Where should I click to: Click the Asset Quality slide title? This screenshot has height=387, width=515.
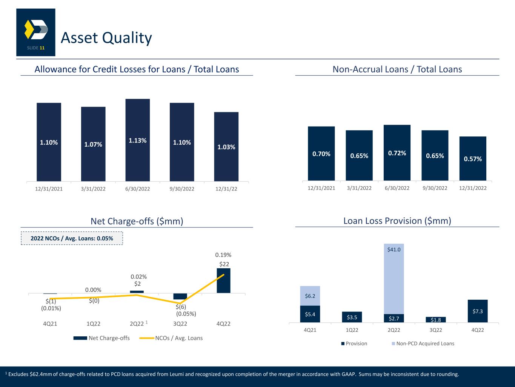click(x=106, y=38)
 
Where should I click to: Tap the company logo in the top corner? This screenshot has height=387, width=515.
click(x=36, y=32)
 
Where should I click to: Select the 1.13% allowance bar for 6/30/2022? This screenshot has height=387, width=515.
click(x=138, y=140)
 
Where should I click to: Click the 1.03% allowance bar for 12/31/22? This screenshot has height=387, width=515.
click(x=226, y=147)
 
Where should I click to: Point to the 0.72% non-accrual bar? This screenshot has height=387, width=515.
click(x=397, y=153)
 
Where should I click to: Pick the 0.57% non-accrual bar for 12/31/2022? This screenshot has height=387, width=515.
click(x=473, y=159)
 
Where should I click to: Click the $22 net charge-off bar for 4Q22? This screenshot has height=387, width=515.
click(x=224, y=280)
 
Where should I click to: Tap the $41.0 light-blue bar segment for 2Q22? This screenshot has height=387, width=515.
click(x=394, y=279)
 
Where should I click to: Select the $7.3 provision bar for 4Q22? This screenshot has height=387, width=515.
click(x=477, y=311)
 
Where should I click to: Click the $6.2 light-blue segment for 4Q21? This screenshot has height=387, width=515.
click(x=310, y=296)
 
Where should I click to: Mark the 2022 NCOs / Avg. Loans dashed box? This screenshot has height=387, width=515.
click(x=72, y=238)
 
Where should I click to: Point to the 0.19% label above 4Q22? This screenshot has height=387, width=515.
click(x=223, y=255)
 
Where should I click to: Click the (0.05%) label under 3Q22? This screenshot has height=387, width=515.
click(x=186, y=314)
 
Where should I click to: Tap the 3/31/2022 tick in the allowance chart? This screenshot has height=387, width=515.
click(x=93, y=189)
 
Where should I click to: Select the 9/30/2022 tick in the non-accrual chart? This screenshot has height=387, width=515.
click(x=435, y=188)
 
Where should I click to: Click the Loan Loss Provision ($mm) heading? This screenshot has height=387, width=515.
click(x=397, y=221)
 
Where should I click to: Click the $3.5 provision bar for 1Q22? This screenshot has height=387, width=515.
click(x=352, y=317)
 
